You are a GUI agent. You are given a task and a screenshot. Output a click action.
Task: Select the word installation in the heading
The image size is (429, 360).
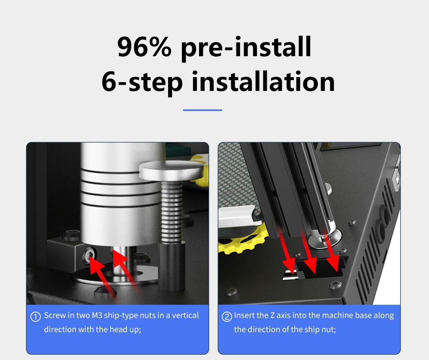263,81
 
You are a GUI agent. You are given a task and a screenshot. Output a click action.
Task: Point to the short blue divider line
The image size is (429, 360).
202,110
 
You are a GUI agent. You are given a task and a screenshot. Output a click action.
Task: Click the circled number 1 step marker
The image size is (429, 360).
36,317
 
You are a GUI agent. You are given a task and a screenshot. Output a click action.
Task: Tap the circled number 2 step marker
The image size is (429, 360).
227,317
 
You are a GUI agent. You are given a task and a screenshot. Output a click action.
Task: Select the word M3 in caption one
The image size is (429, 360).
97,315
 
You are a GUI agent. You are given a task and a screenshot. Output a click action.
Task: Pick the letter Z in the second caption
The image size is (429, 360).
273,315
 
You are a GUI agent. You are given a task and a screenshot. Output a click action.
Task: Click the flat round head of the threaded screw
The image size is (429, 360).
171,171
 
